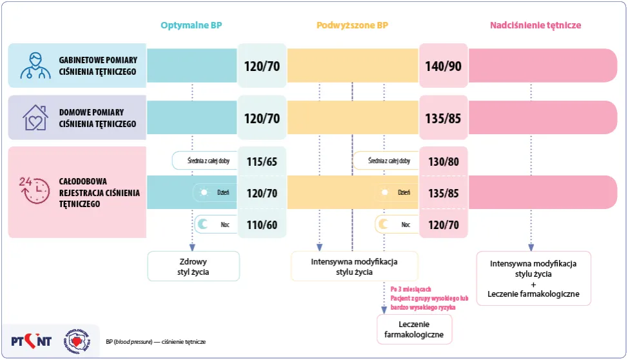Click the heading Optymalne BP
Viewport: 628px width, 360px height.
pos(191,26)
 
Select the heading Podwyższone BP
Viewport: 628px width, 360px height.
pos(352,26)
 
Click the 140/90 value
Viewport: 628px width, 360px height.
pos(443,66)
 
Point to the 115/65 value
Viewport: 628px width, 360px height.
pos(261,161)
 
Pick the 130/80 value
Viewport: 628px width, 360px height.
pos(443,161)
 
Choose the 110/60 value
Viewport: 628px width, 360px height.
pos(261,225)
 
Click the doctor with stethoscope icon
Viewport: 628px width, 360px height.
pos(35,65)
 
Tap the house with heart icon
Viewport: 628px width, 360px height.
pos(35,118)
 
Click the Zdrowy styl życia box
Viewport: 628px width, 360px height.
pos(193,266)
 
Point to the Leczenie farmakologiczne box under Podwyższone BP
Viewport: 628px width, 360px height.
pos(415,329)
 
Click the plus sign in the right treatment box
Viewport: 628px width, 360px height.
pos(533,284)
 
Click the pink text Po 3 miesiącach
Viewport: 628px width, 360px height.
pos(411,289)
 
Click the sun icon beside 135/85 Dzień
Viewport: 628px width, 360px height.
pos(385,192)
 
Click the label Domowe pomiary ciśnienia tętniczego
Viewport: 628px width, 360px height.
pos(97,118)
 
